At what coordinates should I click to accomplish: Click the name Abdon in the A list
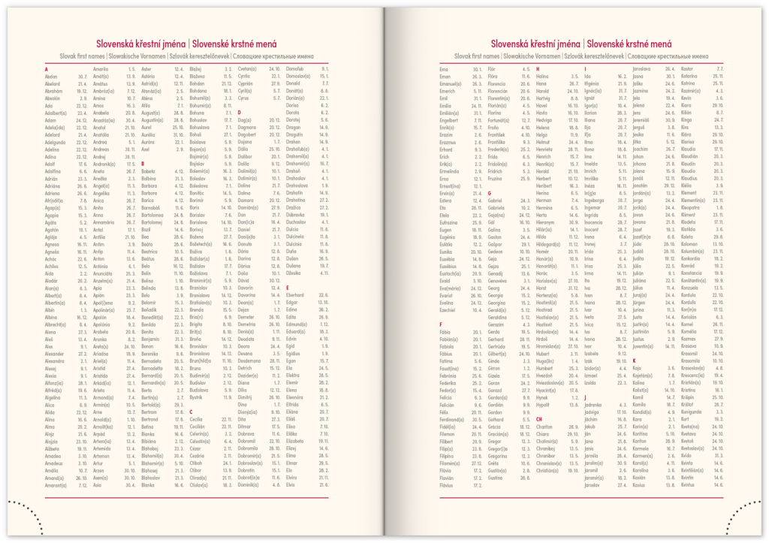51,77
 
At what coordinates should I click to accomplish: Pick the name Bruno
197,369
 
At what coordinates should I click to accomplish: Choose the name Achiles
52,266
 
